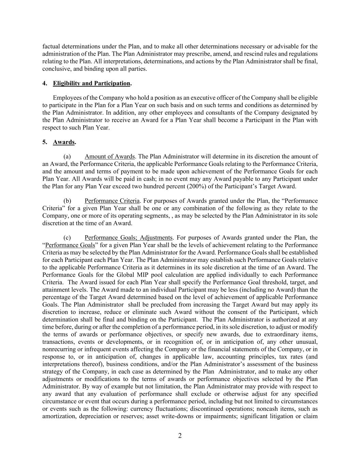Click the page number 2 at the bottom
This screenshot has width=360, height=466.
180,436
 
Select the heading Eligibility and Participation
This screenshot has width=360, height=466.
91,83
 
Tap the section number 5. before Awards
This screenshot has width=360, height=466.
45,142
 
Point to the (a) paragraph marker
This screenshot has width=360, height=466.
67,157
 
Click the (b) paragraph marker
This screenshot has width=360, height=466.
67,201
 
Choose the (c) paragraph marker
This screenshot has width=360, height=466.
67,238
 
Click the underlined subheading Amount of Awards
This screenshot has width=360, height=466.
110,157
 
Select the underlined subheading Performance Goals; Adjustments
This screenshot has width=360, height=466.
128,238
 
